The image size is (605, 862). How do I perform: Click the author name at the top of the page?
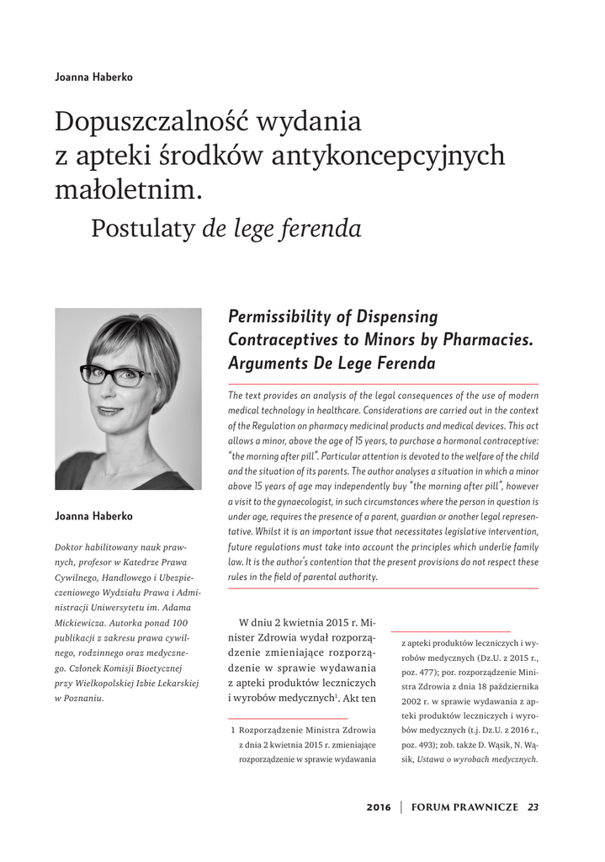click(93, 77)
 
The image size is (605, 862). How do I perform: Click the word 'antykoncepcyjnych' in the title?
click(383, 156)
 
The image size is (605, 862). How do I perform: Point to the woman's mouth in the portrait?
click(109, 411)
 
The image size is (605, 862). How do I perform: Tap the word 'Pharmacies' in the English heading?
click(483, 340)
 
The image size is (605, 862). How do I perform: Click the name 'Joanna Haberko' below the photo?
click(93, 515)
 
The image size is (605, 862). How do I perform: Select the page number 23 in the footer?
click(533, 807)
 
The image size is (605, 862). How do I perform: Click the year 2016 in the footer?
click(379, 807)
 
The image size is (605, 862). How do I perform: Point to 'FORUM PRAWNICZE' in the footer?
click(464, 807)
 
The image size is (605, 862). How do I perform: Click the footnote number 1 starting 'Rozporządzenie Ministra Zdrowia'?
click(232, 729)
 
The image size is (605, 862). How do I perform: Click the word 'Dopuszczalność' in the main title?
click(150, 122)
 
